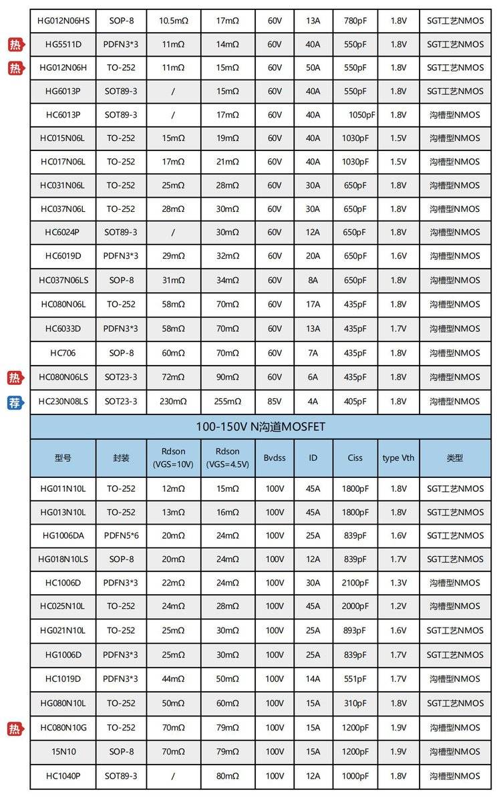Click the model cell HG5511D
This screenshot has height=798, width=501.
[63, 44]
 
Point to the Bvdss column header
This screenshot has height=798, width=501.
[275, 458]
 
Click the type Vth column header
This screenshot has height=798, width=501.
[398, 458]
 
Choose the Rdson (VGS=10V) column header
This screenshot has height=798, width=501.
[173, 458]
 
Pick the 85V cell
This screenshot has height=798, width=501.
[275, 402]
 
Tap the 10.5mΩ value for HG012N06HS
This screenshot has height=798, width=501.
[173, 21]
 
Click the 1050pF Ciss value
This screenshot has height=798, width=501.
[361, 115]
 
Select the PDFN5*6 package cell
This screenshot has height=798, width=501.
[121, 535]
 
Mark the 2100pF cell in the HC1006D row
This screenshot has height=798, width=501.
[355, 583]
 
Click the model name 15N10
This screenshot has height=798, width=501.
[63, 752]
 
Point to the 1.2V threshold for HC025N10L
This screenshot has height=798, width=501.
[398, 606]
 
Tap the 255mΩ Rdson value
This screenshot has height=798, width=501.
[227, 402]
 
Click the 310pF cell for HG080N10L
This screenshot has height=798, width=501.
[355, 703]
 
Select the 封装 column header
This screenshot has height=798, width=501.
[121, 458]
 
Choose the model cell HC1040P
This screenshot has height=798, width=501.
[63, 776]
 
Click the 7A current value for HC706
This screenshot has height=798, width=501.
[313, 353]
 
